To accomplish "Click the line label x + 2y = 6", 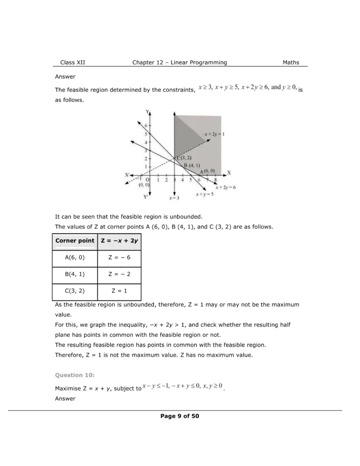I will pos(225,187).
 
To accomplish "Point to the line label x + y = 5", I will pos(204,194).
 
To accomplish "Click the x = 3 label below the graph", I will pos(174,198).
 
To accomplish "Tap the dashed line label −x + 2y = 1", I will pos(214,134).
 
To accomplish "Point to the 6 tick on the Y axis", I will pos(146,125).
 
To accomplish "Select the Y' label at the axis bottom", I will pos(146,197).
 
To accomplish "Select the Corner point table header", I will pos(75,241).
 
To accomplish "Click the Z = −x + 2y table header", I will pos(119,241).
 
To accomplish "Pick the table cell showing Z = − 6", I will pos(119,258).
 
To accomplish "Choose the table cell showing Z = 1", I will pos(119,291).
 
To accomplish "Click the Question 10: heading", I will pos(75,375).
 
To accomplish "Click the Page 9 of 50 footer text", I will pos(180,416).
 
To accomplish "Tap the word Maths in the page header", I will pos(291,62).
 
